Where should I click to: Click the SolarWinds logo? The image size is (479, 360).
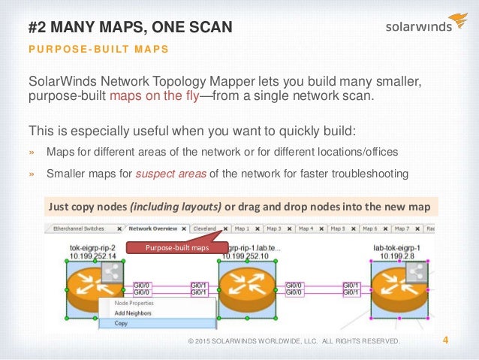(x=425, y=24)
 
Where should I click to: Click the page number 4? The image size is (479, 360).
(x=446, y=340)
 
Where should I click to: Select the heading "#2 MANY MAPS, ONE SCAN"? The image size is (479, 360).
(x=130, y=28)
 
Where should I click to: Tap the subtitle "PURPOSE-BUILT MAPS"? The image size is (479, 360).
(x=98, y=50)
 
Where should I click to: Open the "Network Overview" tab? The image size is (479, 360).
(x=152, y=228)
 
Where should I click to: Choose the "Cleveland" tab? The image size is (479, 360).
(x=205, y=228)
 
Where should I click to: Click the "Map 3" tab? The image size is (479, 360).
(x=273, y=228)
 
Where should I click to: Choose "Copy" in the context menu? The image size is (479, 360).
(x=122, y=323)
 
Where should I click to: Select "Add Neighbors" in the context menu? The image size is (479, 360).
(x=133, y=313)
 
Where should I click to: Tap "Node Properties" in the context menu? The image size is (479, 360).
(x=134, y=303)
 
